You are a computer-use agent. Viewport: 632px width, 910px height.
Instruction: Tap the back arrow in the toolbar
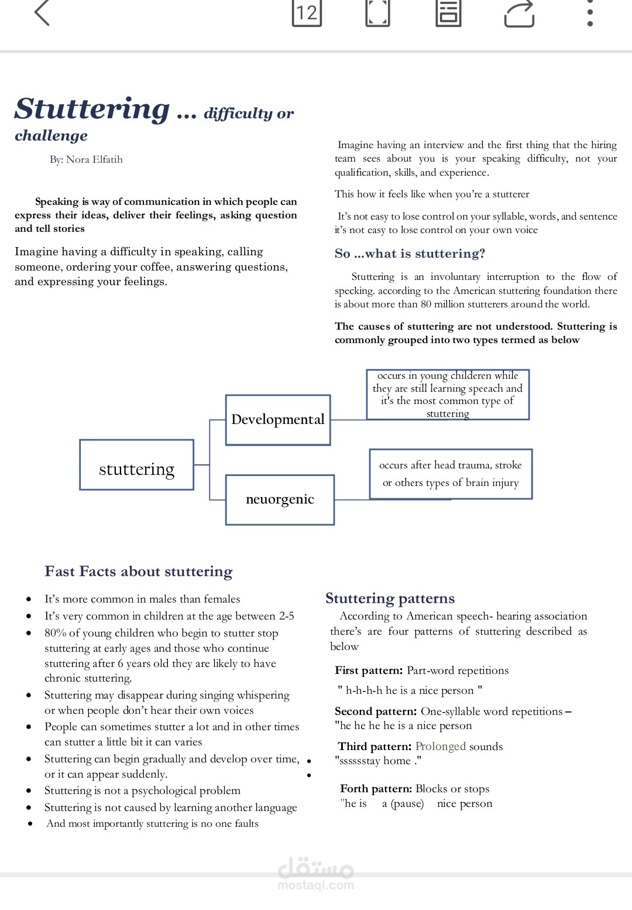(42, 13)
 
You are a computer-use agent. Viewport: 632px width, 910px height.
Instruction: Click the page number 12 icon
(307, 13)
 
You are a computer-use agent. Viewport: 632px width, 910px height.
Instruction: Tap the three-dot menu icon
(590, 13)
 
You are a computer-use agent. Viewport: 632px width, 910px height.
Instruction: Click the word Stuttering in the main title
(92, 109)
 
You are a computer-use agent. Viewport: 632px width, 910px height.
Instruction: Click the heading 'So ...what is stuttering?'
(410, 254)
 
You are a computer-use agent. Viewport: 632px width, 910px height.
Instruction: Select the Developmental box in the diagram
(278, 420)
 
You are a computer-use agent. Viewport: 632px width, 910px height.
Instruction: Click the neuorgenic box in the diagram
(280, 500)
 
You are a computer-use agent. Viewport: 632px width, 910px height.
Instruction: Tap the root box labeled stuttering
(136, 470)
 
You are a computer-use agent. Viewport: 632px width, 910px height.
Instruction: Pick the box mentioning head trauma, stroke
(451, 474)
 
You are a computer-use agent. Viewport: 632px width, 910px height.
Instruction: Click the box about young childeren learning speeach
(448, 394)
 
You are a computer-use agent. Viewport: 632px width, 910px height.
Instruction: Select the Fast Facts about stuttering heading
(139, 572)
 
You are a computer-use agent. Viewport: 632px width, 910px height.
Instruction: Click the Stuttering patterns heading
(390, 598)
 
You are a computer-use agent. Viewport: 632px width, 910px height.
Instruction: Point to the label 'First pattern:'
(369, 670)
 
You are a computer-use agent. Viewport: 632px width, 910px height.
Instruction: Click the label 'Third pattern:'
(375, 747)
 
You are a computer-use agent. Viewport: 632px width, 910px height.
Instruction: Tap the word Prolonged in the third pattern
(440, 747)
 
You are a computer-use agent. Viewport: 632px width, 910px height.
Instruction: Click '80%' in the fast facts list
(55, 633)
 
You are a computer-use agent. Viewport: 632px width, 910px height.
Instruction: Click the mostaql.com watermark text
(315, 885)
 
